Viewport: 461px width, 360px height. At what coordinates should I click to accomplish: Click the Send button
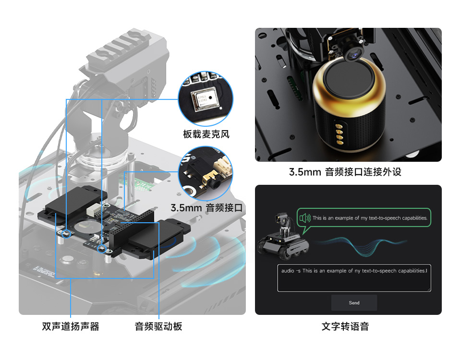(354, 303)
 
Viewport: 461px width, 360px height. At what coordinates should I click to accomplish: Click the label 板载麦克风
(206, 134)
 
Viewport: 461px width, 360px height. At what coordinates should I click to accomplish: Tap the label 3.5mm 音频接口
(207, 208)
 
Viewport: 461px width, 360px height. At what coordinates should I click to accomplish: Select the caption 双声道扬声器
(71, 327)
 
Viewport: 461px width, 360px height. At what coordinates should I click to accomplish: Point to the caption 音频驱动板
(158, 327)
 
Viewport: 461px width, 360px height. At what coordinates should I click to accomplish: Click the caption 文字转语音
(345, 327)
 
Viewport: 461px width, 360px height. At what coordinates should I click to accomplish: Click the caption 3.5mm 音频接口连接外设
(345, 172)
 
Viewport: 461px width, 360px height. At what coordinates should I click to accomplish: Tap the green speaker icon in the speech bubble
(305, 218)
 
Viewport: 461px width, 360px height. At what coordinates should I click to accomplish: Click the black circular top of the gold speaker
(349, 79)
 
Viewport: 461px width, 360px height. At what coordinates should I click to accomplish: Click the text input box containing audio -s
(354, 278)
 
